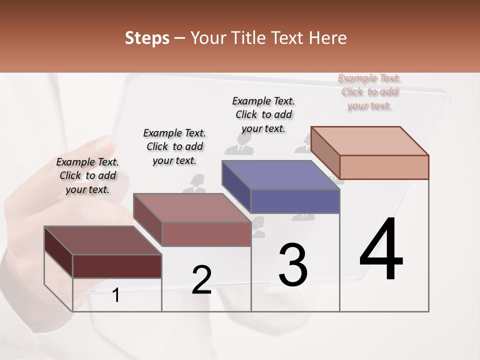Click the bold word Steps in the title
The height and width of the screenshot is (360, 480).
(x=147, y=38)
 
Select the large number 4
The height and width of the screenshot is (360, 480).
(x=381, y=250)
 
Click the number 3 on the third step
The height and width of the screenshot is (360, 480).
(x=293, y=265)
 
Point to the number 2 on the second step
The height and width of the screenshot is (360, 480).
(x=201, y=280)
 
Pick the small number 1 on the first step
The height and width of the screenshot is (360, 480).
(x=116, y=295)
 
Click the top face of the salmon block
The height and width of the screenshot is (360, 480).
(x=370, y=140)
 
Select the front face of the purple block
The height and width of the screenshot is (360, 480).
(x=295, y=201)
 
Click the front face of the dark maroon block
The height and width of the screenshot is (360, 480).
(x=117, y=266)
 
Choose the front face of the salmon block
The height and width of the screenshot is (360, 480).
(x=384, y=167)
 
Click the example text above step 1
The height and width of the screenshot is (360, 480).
(x=87, y=175)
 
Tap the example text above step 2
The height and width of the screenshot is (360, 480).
(x=174, y=146)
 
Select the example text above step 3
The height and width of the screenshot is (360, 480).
(x=263, y=114)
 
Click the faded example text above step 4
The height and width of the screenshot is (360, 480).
(x=369, y=91)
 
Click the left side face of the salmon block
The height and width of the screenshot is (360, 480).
(x=325, y=152)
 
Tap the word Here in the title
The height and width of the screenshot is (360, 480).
(x=328, y=38)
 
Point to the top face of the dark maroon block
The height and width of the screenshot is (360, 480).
(x=102, y=240)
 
